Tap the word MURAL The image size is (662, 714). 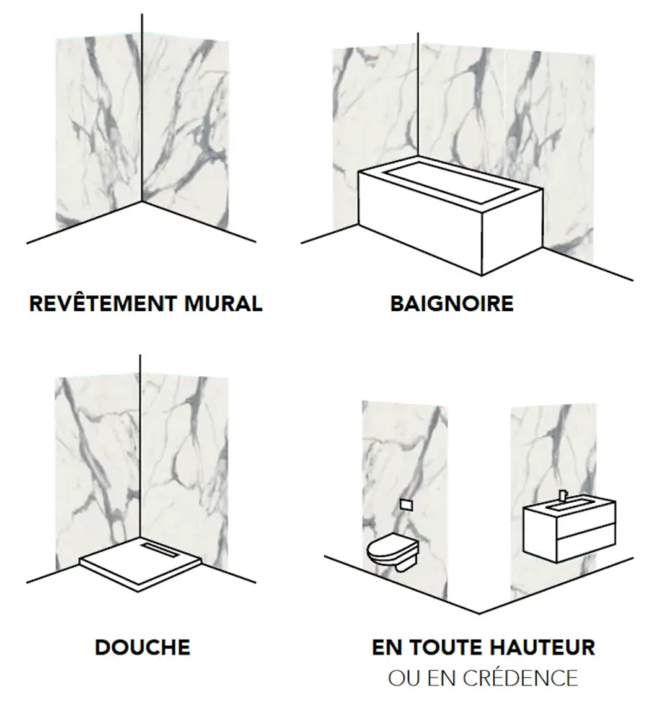coord(223,304)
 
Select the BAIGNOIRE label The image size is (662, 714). coord(452,304)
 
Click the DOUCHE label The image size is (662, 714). coord(142,647)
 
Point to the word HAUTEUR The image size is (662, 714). coord(537,647)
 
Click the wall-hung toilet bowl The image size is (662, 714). coord(392,553)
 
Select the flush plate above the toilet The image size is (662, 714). coord(406,504)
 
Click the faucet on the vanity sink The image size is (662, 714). coord(563,494)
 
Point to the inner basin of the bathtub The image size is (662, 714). coord(450,181)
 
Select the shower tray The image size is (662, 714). coord(141,562)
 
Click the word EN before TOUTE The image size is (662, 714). coord(385,647)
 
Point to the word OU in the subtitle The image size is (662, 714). coord(401,678)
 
